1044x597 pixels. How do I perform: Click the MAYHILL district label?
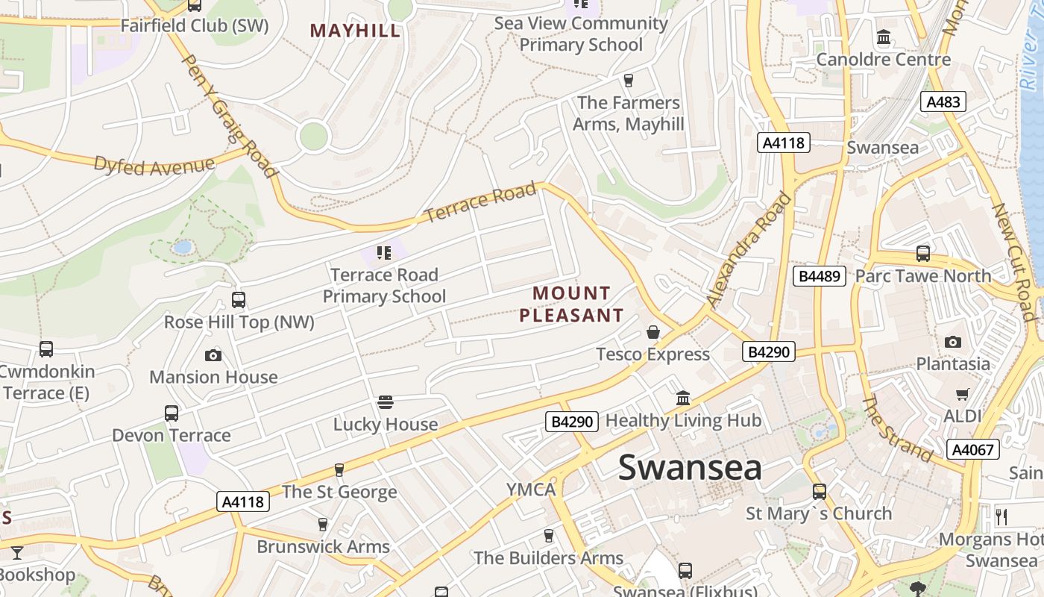coord(355,31)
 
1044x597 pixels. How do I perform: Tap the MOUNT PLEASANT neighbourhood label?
coord(571,304)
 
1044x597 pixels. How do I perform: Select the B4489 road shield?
coord(820,276)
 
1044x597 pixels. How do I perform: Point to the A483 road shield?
coord(943,102)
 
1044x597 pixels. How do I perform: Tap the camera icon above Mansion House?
coord(213,355)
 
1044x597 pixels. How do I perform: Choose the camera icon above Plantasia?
coord(952,342)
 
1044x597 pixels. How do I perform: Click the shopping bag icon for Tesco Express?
coord(653,332)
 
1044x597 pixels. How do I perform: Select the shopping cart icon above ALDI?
coord(963,393)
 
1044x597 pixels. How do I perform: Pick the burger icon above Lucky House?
coord(386,402)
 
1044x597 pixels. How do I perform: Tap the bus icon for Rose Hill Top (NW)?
coord(239,300)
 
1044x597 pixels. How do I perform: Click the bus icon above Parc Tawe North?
coord(923,254)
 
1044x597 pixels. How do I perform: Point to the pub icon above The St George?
coord(339,469)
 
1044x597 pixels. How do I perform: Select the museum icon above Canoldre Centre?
coord(884,37)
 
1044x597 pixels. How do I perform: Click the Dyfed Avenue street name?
coord(154,165)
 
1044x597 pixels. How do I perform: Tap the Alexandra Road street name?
coord(749,249)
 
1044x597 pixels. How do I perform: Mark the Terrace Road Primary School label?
coord(384,286)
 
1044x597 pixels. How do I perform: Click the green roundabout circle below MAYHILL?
coord(313,137)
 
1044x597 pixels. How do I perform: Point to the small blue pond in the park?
coord(183,246)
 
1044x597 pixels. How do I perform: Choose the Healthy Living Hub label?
coord(683,420)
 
